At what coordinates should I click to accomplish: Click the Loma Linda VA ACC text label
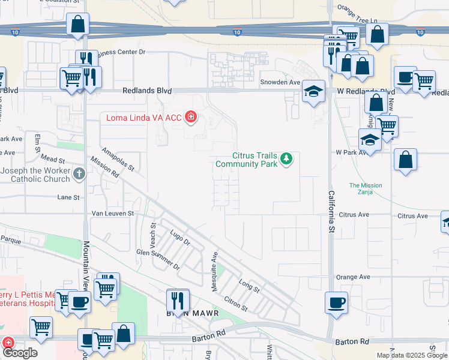pyautogui.click(x=145, y=117)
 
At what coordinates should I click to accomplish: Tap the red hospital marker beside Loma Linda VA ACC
pyautogui.click(x=191, y=116)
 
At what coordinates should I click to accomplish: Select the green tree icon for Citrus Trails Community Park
pyautogui.click(x=287, y=158)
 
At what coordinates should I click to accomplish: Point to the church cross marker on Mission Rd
pyautogui.click(x=79, y=174)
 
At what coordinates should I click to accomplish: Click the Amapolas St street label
pyautogui.click(x=117, y=159)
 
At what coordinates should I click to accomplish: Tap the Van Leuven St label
pyautogui.click(x=112, y=213)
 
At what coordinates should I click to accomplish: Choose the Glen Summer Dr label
pyautogui.click(x=158, y=259)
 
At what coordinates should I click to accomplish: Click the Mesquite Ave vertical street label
pyautogui.click(x=214, y=271)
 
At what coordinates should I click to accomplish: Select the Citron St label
pyautogui.click(x=235, y=303)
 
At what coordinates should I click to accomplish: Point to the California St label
pyautogui.click(x=331, y=211)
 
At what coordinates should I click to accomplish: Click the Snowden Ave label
pyautogui.click(x=279, y=82)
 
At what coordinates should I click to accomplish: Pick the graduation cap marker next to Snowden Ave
pyautogui.click(x=313, y=91)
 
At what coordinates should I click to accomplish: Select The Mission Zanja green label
pyautogui.click(x=366, y=188)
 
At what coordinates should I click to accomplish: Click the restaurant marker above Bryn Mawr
pyautogui.click(x=178, y=299)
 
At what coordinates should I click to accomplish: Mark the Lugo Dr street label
pyautogui.click(x=179, y=238)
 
